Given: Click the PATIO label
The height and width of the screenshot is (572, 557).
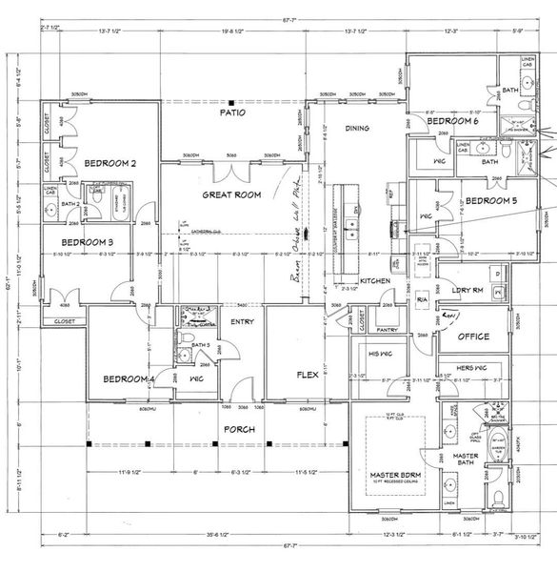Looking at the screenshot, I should click(233, 112).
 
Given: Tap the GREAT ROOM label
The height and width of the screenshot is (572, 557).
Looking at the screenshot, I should click(231, 194).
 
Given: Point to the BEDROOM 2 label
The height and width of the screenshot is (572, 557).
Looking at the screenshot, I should click(109, 164).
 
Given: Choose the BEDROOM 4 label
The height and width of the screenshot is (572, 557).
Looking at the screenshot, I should click(128, 379).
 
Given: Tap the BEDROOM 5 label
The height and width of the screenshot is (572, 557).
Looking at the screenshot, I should click(492, 200).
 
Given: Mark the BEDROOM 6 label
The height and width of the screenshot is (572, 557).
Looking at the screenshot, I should click(452, 122).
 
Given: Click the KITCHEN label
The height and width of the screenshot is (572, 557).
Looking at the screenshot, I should click(375, 281).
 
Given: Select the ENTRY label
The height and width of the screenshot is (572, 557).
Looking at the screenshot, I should click(243, 322).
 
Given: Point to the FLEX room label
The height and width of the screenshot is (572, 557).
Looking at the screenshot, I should click(307, 375).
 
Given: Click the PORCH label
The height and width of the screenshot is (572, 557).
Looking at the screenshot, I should click(238, 429).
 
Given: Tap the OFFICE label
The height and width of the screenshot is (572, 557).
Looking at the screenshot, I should click(473, 337).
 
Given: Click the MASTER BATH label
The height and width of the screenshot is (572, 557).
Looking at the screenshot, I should click(466, 461).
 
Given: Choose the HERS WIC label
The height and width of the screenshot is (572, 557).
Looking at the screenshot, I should click(472, 368).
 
